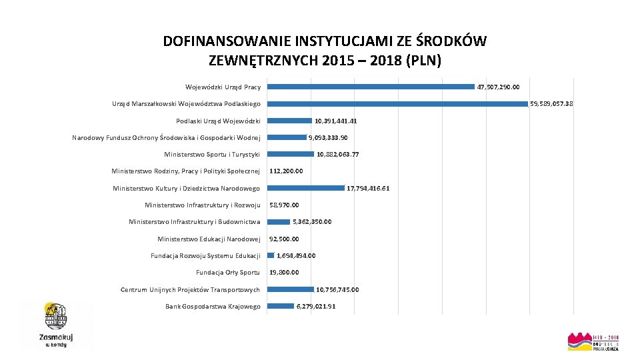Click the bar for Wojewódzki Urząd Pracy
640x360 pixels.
pyautogui.click(x=371, y=87)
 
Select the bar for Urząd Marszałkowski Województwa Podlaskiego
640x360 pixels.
pyautogui.click(x=397, y=104)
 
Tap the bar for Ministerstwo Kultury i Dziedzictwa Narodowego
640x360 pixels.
pyautogui.click(x=305, y=188)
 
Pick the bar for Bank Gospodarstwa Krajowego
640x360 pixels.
pyautogui.click(x=280, y=306)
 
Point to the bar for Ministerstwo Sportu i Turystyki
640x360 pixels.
pyautogui.click(x=290, y=154)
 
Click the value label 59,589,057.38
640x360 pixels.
pyautogui.click(x=551, y=104)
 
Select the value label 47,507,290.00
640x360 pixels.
pyautogui.click(x=499, y=87)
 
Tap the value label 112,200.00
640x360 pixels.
pyautogui.click(x=286, y=171)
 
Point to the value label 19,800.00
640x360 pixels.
pyautogui.click(x=284, y=272)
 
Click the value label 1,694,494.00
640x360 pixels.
pyautogui.click(x=296, y=255)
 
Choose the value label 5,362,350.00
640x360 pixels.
pyautogui.click(x=312, y=222)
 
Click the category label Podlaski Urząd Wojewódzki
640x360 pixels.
pyautogui.click(x=218, y=121)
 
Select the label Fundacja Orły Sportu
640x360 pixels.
pyautogui.click(x=228, y=272)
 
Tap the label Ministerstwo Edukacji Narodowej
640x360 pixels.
pyautogui.click(x=209, y=239)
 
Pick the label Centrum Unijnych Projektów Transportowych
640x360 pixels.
pyautogui.click(x=190, y=289)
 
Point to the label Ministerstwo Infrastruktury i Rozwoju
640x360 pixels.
pyautogui.click(x=203, y=205)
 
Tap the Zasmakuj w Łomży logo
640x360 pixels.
pyautogui.click(x=56, y=325)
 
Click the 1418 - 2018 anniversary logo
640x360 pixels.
pyautogui.click(x=593, y=342)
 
